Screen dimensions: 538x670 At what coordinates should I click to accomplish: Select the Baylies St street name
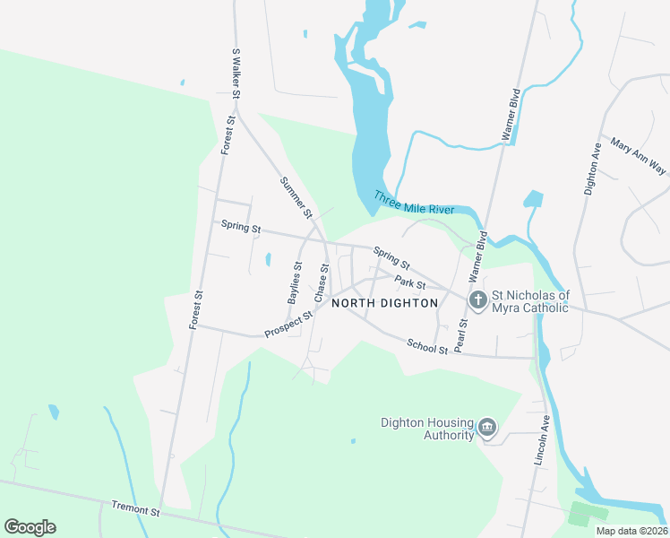pyautogui.click(x=295, y=282)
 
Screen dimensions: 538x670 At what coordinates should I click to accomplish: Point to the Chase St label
pyautogui.click(x=321, y=282)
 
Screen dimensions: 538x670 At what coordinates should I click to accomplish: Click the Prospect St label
pyautogui.click(x=288, y=325)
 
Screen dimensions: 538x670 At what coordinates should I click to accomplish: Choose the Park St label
pyautogui.click(x=408, y=283)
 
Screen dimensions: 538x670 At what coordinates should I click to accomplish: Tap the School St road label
pyautogui.click(x=426, y=346)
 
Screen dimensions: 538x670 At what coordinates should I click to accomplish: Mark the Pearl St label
pyautogui.click(x=461, y=334)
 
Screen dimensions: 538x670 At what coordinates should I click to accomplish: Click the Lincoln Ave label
pyautogui.click(x=541, y=439)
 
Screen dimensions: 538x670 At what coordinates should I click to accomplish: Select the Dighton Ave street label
pyautogui.click(x=591, y=168)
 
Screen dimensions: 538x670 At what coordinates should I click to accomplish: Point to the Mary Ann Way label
pyautogui.click(x=640, y=156)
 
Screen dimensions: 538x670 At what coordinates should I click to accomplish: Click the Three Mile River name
pyautogui.click(x=414, y=203)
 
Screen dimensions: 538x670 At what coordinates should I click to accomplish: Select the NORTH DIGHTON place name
pyautogui.click(x=385, y=303)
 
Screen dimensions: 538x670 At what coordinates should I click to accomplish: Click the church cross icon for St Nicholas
pyautogui.click(x=478, y=299)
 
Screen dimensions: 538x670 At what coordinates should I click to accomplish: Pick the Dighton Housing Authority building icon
pyautogui.click(x=487, y=427)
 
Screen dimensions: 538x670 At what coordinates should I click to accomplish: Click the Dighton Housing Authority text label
pyautogui.click(x=427, y=428)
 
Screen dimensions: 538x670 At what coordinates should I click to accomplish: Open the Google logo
pyautogui.click(x=30, y=527)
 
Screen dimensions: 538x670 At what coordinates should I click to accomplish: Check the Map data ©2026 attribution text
pyautogui.click(x=631, y=531)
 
